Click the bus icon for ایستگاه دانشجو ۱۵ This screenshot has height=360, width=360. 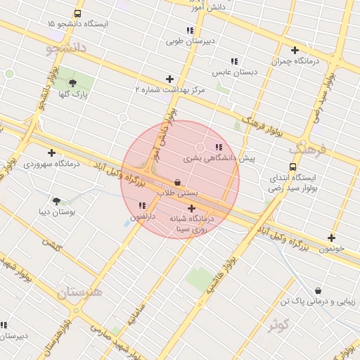coord(77,13)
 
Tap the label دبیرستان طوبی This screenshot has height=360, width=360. coord(189,41)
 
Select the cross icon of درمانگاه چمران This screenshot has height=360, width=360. coord(295,50)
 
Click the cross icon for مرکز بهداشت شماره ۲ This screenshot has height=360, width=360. coord(169,79)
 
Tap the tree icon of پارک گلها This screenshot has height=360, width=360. coord(72,83)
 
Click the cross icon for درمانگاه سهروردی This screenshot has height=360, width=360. coord(51,153)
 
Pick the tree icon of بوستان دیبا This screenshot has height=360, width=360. coord(57,201)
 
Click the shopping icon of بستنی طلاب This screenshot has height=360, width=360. coord(177,181)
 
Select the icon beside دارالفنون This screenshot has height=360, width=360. coord(143,205)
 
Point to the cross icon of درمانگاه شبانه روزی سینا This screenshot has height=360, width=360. coord(191,208)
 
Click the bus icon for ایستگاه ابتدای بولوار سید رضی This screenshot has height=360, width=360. coord(292,167)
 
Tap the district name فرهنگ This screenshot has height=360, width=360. coord(307,149)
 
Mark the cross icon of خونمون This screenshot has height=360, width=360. coord(331,238)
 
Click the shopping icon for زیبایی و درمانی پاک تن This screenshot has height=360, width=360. coord(319,290)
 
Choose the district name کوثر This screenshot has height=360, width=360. coord(278,325)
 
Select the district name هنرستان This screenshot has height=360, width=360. coord(79,292)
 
